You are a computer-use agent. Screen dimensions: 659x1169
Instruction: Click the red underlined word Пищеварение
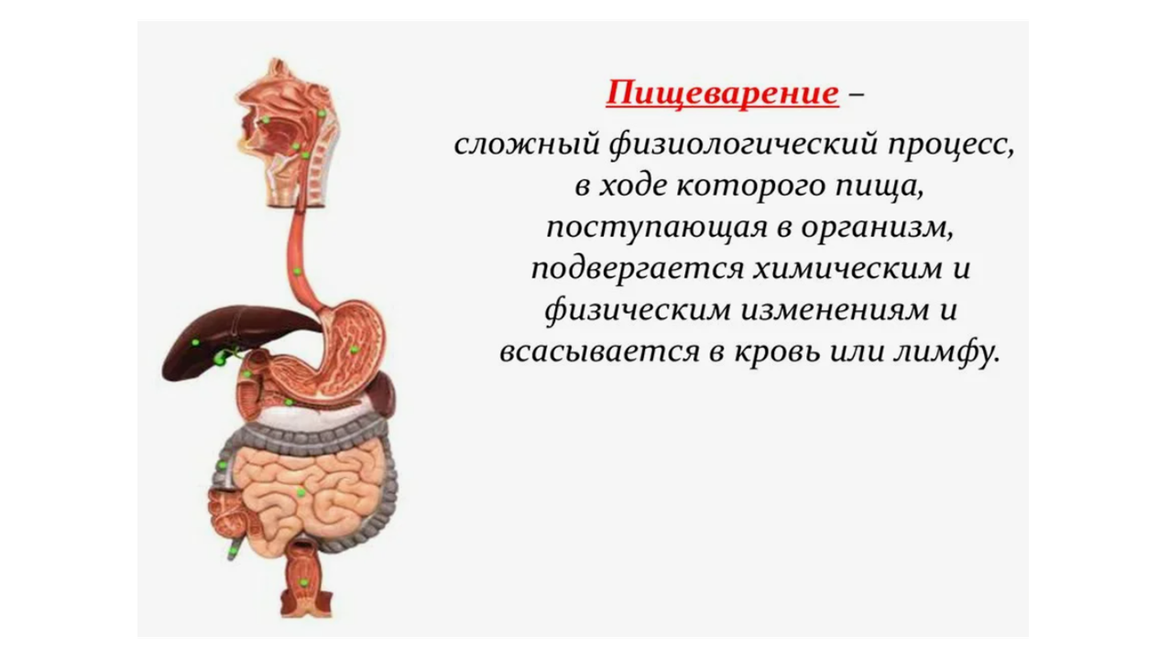722,93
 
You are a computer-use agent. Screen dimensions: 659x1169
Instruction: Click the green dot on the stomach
354,350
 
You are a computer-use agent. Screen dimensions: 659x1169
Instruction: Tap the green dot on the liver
195,342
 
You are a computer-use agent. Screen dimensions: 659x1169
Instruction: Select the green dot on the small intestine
300,492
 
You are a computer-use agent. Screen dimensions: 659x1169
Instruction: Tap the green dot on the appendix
231,553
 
